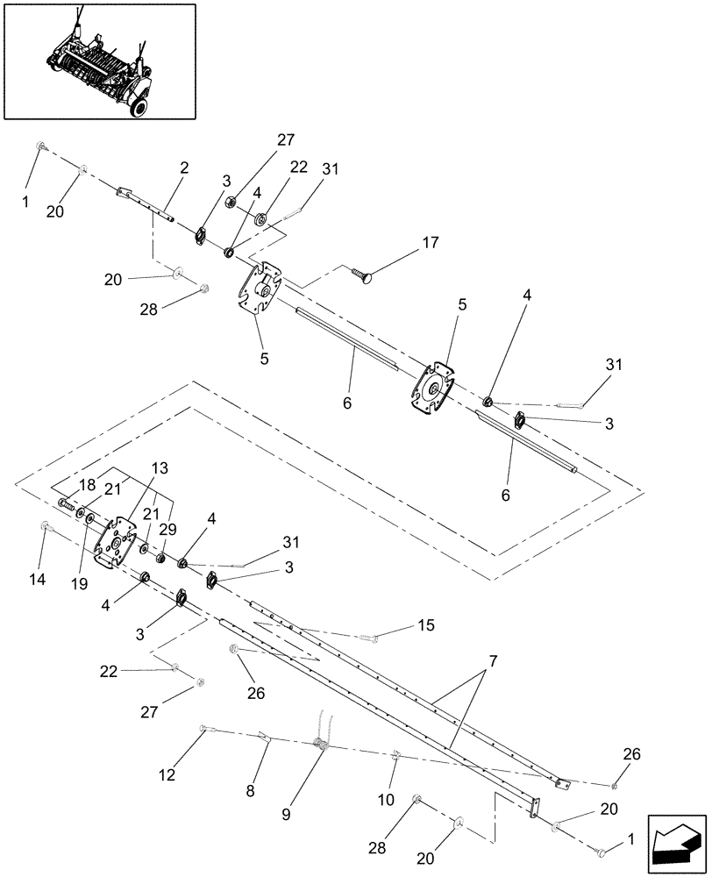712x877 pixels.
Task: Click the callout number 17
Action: tap(430, 242)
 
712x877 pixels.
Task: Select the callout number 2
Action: tap(185, 168)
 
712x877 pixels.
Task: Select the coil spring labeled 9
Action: tap(322, 745)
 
